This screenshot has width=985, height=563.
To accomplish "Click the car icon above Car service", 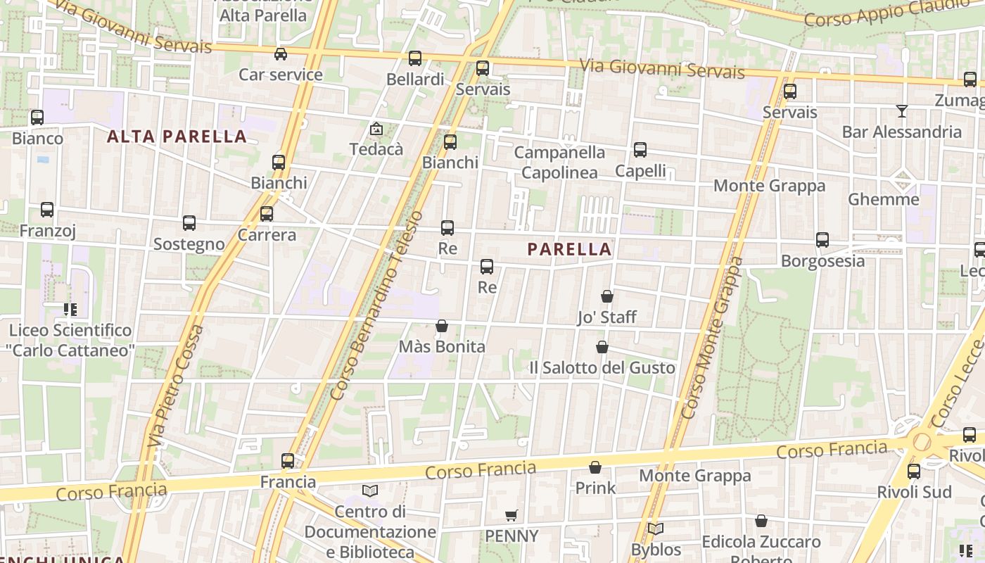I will (281, 54).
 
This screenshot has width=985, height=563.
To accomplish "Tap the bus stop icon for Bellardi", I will (415, 58).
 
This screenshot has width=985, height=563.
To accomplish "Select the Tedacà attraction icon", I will (376, 129).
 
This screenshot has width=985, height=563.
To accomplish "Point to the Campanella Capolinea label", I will (559, 163).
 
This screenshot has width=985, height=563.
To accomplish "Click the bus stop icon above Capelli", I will (640, 150).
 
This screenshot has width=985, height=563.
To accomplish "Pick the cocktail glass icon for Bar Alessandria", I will (901, 111).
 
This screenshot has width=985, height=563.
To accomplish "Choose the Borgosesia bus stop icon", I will (822, 240).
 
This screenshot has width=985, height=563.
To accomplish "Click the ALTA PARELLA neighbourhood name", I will (177, 137).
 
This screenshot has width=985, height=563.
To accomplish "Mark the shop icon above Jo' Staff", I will (607, 296).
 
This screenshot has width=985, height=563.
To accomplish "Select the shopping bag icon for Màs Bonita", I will (442, 326).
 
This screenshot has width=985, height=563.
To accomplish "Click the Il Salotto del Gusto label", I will (602, 367).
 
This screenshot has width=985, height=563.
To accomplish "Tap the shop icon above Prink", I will (595, 467).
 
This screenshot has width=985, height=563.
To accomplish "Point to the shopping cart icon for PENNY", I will (511, 516).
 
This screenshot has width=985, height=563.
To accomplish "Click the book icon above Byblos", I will (656, 529).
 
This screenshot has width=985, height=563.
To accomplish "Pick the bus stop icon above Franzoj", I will (47, 210).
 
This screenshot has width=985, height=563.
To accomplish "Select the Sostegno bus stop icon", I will (189, 223).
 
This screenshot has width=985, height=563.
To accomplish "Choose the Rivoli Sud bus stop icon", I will (914, 472).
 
